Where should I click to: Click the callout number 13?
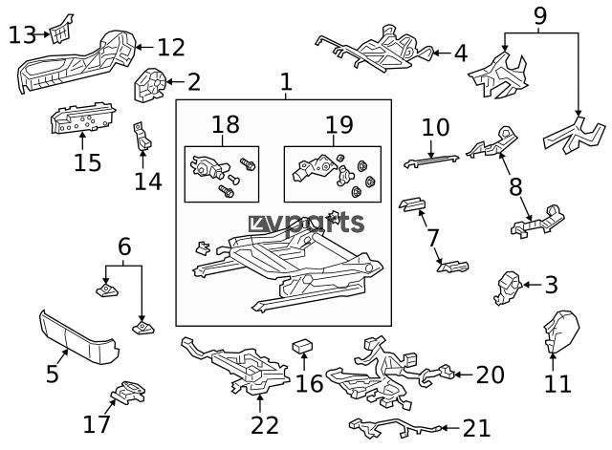pyautogui.click(x=22, y=35)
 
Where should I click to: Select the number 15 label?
pyautogui.click(x=86, y=162)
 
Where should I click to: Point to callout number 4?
pyautogui.click(x=461, y=54)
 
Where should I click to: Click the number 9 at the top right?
pyautogui.click(x=539, y=16)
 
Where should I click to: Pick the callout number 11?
pyautogui.click(x=557, y=384)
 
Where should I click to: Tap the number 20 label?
pyautogui.click(x=489, y=375)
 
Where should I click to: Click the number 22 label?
pyautogui.click(x=264, y=424)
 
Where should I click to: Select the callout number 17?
pyautogui.click(x=98, y=422)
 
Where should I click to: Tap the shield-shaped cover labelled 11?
pyautogui.click(x=557, y=330)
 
